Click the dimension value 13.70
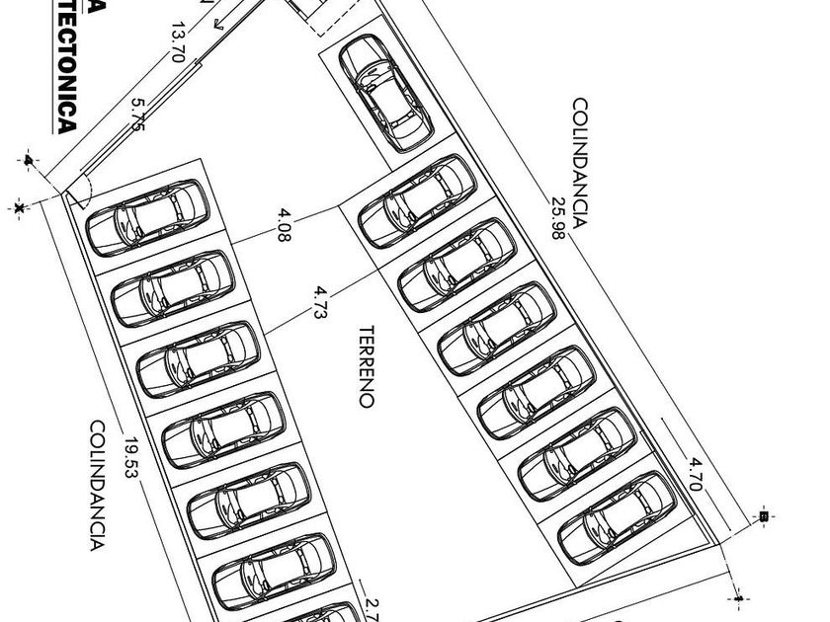178,42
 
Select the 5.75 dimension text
137,115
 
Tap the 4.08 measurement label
285,226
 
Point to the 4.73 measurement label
321,303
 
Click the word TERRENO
367,366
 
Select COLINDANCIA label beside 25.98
580,162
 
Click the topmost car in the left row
147,216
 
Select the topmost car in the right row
416,201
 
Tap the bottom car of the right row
618,518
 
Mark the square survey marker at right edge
763,515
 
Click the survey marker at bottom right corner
739,596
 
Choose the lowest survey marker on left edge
20,207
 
